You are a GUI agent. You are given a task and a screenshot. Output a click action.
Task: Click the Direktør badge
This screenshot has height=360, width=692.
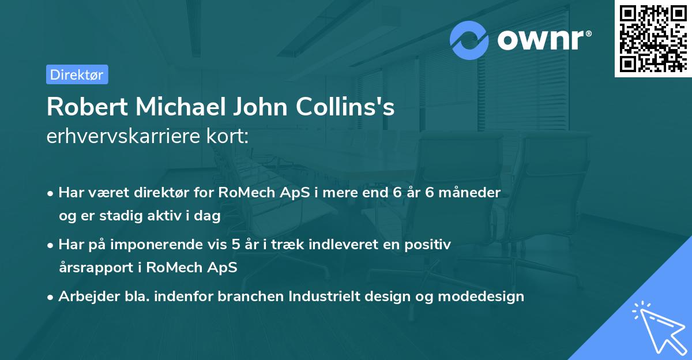coord(77,74)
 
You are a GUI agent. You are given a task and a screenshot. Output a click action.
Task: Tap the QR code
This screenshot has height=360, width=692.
coord(652,37)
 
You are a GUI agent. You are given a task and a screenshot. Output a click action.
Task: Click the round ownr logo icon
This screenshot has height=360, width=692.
coord(469,40)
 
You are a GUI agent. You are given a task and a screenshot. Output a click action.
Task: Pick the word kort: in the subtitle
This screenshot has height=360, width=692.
coord(230,137)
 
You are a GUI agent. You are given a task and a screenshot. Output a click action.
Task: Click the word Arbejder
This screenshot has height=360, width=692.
coord(85,297)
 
